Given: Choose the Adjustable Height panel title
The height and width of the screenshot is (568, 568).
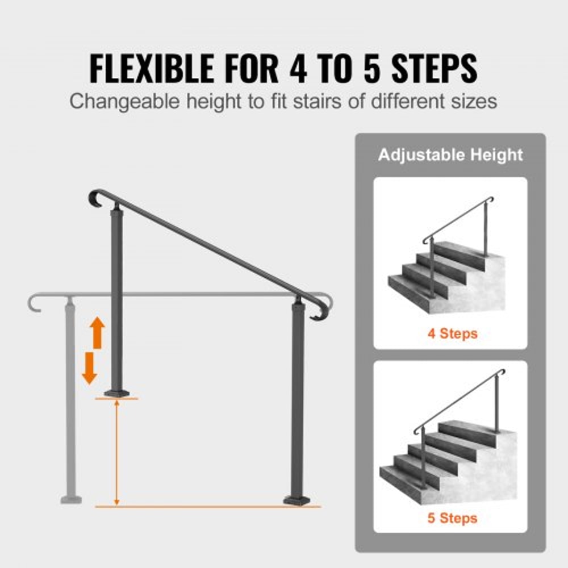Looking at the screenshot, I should coord(450,154).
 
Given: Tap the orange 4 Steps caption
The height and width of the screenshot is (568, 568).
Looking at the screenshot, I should coord(452,333).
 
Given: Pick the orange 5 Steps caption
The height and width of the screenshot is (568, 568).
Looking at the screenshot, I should coord(452,518).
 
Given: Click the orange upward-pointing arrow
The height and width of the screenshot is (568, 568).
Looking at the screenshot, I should coord(97,333).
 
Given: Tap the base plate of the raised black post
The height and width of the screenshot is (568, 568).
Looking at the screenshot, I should coord(118,393).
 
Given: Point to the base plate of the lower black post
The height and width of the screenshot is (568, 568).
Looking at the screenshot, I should coord(298,500).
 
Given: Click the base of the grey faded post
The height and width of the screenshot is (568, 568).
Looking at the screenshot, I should coord(71,500).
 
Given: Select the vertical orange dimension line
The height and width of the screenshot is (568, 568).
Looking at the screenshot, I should coord(117,452).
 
